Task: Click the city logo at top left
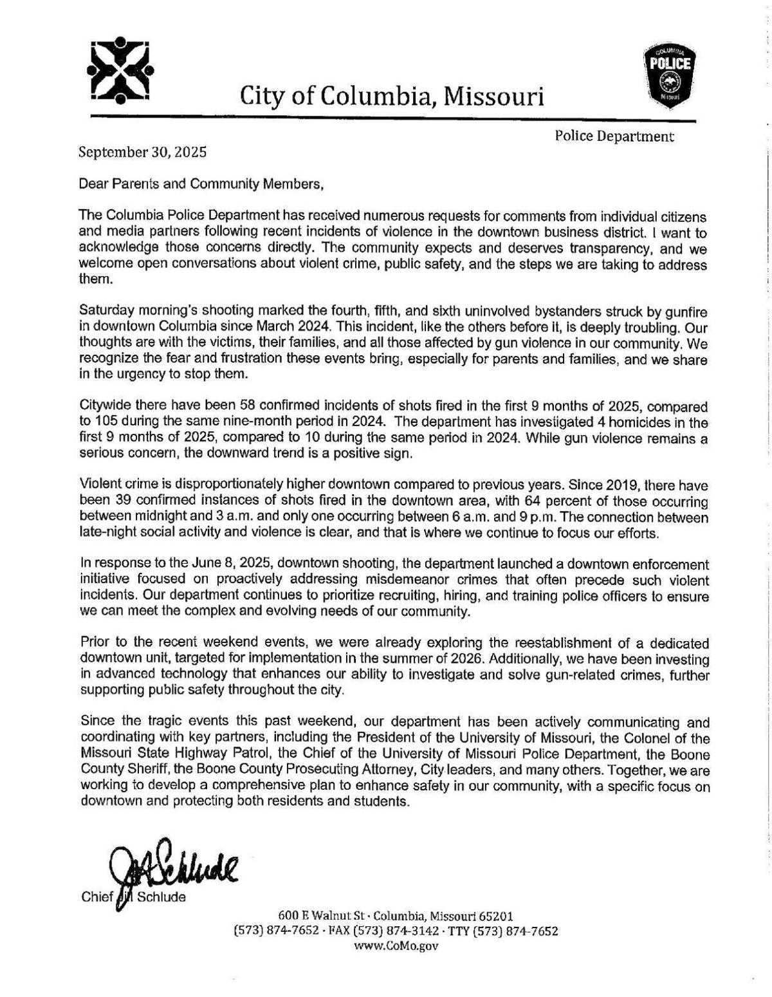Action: pyautogui.click(x=120, y=71)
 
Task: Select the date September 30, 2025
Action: pyautogui.click(x=142, y=153)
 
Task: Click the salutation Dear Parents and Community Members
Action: pyautogui.click(x=200, y=184)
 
